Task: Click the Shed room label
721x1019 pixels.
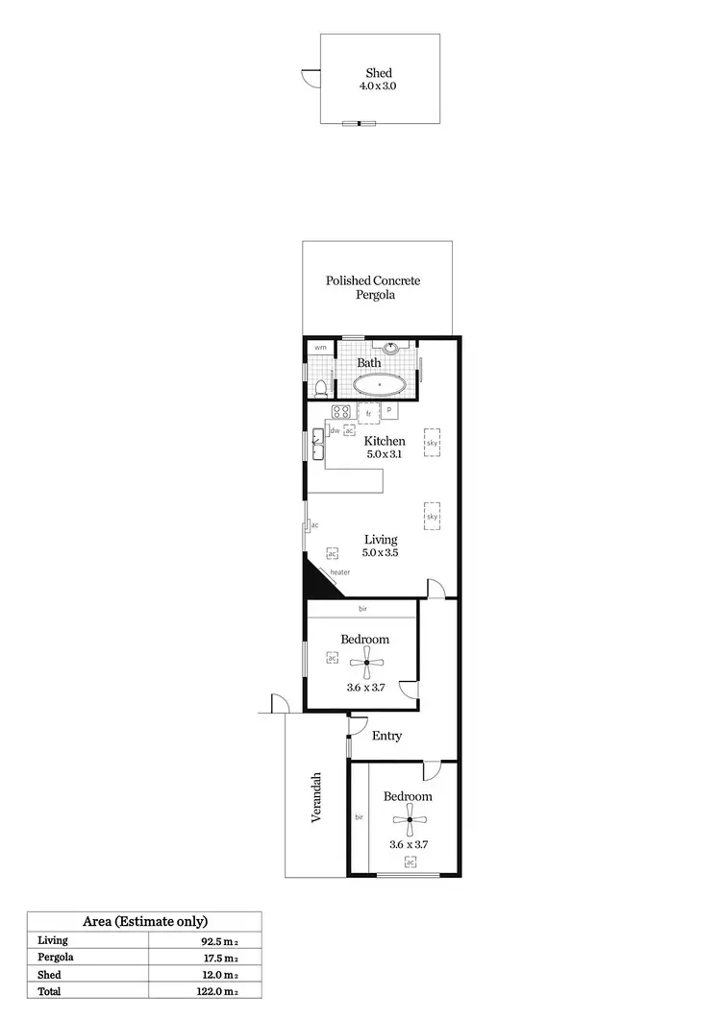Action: coord(379,73)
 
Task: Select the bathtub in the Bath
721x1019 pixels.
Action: coord(380,385)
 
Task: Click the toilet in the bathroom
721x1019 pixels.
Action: coord(319,388)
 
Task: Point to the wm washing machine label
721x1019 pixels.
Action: coord(319,347)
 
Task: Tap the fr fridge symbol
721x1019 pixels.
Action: coord(368,413)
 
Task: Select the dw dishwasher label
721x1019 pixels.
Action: coord(335,431)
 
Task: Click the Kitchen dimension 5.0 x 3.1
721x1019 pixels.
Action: coord(384,454)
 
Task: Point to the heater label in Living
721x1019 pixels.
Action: coord(339,572)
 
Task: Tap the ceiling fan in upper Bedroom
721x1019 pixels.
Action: coord(366,662)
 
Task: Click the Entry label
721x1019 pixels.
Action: coord(386,736)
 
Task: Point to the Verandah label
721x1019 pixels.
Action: coord(315,797)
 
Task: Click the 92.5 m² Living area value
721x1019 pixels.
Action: coord(219,941)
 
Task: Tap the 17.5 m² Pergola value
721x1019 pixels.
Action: coord(219,958)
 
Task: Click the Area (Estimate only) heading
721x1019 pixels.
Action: coord(145,920)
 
